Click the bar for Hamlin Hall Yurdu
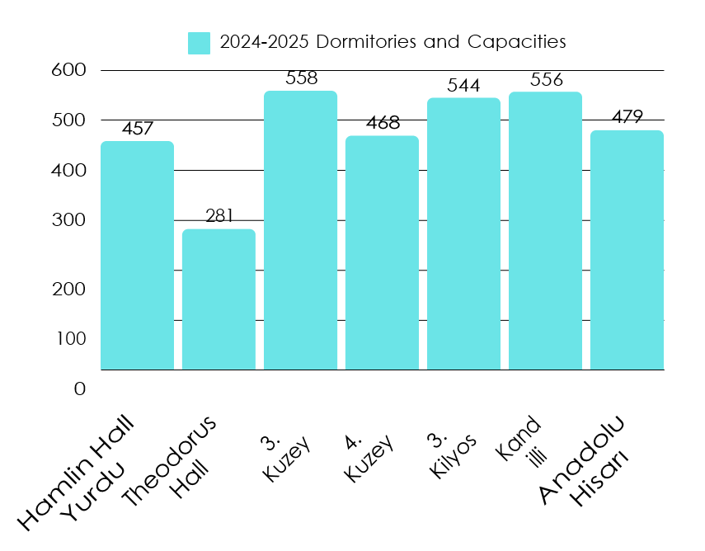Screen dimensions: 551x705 [137, 256]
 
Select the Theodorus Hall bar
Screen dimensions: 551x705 [219, 299]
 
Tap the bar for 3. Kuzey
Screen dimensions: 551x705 [300, 230]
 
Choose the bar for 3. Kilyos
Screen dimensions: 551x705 [463, 233]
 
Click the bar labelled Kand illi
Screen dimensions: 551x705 [545, 231]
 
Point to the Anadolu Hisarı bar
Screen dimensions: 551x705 [627, 250]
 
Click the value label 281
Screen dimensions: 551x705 [219, 217]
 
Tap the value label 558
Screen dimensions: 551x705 [301, 78]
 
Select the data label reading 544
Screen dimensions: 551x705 [463, 86]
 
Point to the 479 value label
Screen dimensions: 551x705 [627, 117]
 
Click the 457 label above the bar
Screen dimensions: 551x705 [138, 130]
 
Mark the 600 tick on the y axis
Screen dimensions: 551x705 [68, 71]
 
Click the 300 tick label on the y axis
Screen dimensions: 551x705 [68, 221]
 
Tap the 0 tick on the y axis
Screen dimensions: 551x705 [79, 389]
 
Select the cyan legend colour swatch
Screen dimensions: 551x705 [199, 42]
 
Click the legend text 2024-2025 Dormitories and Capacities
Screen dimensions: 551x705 [392, 42]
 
